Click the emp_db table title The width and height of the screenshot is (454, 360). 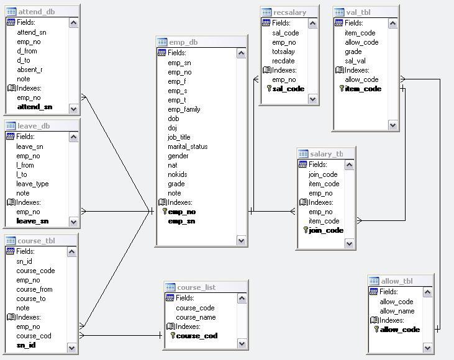pos(183,42)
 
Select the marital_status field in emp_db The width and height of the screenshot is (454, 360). pos(188,146)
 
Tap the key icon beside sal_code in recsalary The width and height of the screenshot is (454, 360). pos(269,89)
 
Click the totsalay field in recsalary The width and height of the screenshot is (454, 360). pos(283,52)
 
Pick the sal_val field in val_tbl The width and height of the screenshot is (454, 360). pos(355,61)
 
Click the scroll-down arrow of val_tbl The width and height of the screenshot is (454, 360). pos(393,125)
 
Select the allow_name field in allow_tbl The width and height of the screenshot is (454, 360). pos(397,311)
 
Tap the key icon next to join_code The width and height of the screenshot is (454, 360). pos(306,230)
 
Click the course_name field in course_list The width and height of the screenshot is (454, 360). pos(196,317)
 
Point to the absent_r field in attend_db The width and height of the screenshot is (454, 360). pos(30,70)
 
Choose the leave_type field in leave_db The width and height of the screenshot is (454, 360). pos(32,184)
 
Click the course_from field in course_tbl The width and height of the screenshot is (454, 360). pos(34,289)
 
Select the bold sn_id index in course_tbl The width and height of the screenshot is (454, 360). pos(26,345)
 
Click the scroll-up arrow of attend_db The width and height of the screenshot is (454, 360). pos(73,23)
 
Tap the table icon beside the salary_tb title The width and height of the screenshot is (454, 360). pos(303,154)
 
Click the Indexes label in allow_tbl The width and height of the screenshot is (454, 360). pos(391,320)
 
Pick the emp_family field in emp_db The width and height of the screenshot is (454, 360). pos(184,109)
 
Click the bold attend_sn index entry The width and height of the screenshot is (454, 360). pos(35,107)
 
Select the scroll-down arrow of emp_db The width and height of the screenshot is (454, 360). pos(241,240)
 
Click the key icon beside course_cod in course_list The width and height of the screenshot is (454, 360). pos(173,335)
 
